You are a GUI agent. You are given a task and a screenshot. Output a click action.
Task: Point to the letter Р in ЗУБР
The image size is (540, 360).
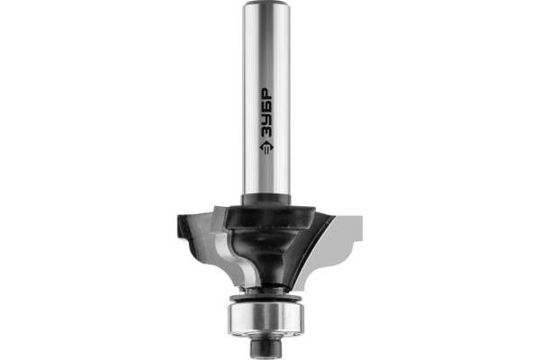(265, 94)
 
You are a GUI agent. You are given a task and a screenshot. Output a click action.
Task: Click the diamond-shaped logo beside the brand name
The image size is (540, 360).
(266, 148)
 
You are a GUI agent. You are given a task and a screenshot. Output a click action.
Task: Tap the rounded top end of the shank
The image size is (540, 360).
(265, 4)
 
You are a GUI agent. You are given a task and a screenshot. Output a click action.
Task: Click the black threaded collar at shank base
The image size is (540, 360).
(265, 200)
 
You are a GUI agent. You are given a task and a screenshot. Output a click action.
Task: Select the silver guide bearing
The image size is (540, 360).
(265, 319)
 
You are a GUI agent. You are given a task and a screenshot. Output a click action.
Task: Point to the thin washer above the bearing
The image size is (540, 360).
(265, 297)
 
